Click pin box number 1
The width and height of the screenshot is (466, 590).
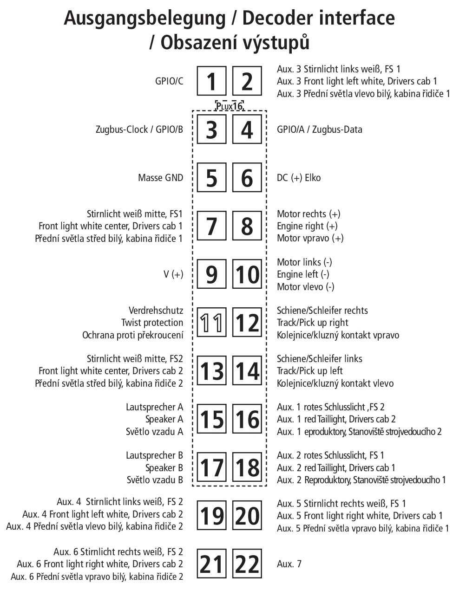[211, 81]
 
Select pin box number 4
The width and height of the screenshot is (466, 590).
[247, 130]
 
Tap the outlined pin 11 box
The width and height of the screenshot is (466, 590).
[211, 323]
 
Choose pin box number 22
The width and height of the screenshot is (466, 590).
[247, 564]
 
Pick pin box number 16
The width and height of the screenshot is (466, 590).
[247, 419]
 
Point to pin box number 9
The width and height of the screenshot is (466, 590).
[211, 274]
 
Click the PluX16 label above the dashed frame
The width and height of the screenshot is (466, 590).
[229, 106]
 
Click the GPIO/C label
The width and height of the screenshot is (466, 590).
[169, 81]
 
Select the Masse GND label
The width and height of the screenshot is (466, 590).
[160, 178]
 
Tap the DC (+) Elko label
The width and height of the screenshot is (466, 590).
[299, 178]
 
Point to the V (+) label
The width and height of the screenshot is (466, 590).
[173, 274]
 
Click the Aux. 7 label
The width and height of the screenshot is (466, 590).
[289, 564]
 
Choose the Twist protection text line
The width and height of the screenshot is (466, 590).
[152, 323]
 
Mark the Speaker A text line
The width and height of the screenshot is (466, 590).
[164, 419]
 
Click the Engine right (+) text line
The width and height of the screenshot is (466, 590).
[307, 226]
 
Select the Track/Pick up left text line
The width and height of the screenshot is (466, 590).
[309, 371]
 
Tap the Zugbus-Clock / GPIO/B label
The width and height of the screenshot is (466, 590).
[139, 130]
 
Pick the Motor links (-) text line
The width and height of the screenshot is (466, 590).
[304, 262]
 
